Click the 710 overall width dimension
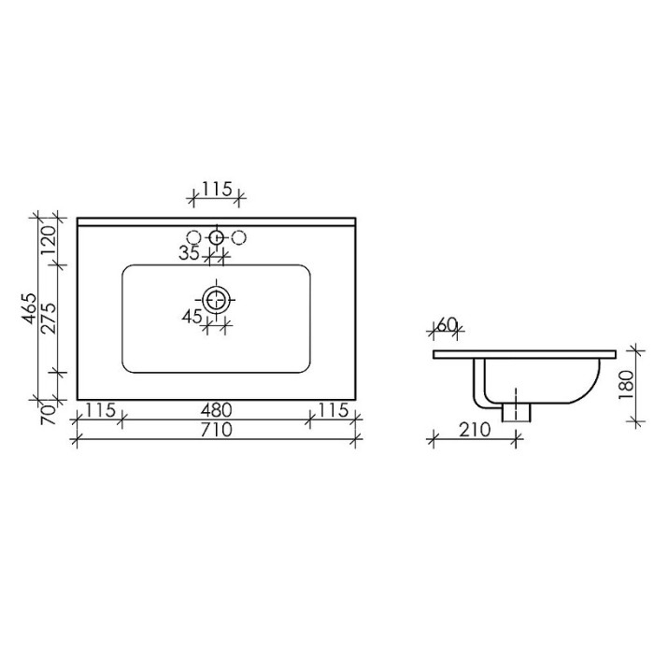tap(215, 430)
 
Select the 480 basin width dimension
tap(215, 410)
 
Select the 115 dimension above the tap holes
tap(216, 190)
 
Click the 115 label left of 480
tap(99, 410)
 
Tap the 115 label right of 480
tap(331, 410)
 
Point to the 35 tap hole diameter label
tap(189, 252)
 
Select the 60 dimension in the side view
tap(447, 324)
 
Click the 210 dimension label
tap(475, 430)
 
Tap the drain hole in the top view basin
tap(217, 300)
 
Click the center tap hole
tap(217, 237)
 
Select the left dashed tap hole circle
tap(195, 237)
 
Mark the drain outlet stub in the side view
tap(516, 409)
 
